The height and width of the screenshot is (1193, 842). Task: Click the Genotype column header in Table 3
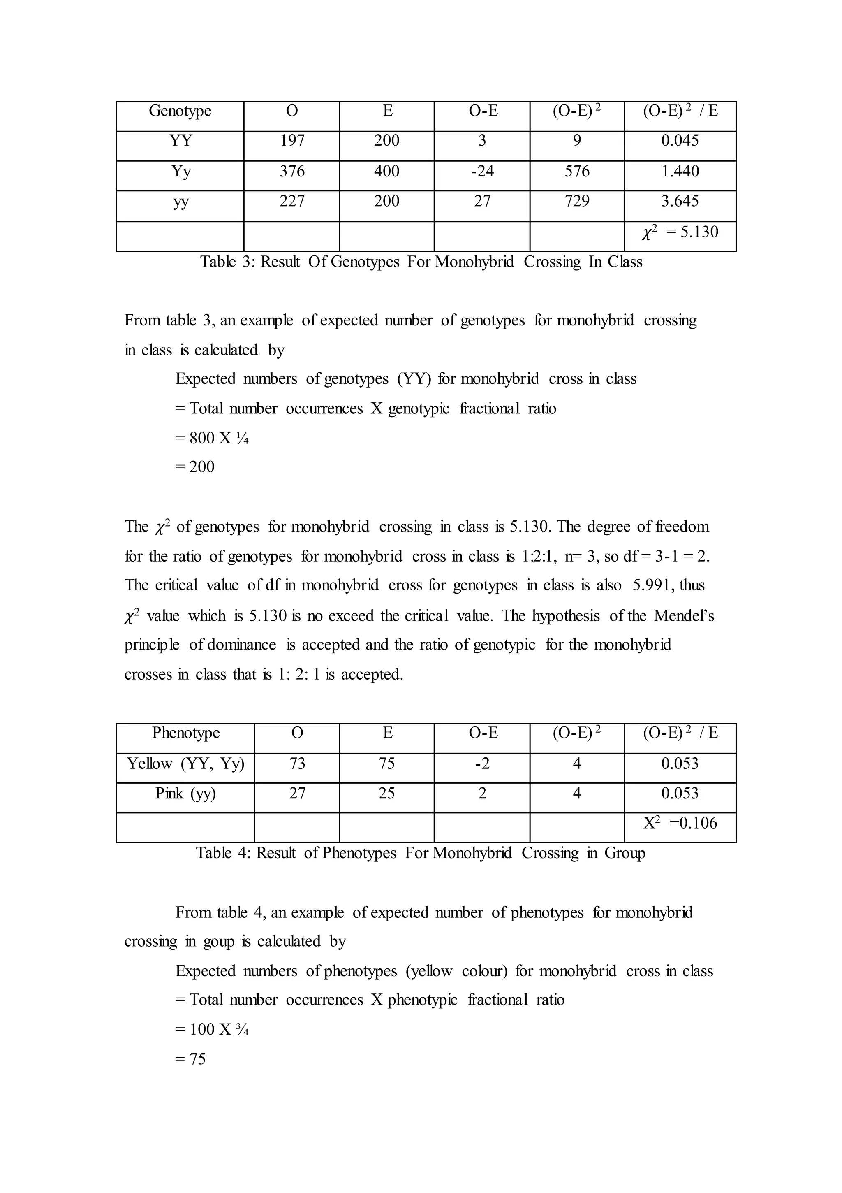pos(180,111)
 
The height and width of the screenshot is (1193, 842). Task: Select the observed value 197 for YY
pos(292,141)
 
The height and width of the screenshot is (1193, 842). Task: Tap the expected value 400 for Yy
pos(386,171)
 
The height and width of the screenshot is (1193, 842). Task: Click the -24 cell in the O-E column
pos(482,171)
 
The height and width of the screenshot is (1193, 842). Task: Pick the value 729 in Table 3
pos(577,201)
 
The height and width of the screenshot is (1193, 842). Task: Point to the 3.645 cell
pos(680,201)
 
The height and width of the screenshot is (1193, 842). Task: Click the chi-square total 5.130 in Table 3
pos(680,232)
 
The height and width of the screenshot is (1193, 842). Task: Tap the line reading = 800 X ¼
pos(212,438)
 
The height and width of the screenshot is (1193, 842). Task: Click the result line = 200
pos(195,467)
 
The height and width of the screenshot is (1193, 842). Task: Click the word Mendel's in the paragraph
pos(684,616)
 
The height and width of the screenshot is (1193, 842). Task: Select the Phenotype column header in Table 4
pos(185,733)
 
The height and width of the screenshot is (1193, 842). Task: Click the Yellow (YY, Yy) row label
pos(185,764)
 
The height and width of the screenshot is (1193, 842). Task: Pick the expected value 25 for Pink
pos(386,794)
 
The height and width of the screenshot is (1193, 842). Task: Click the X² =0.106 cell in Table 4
pos(680,823)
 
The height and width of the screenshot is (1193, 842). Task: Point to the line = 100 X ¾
pos(212,1029)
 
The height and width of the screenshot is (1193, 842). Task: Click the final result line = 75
pos(191,1059)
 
